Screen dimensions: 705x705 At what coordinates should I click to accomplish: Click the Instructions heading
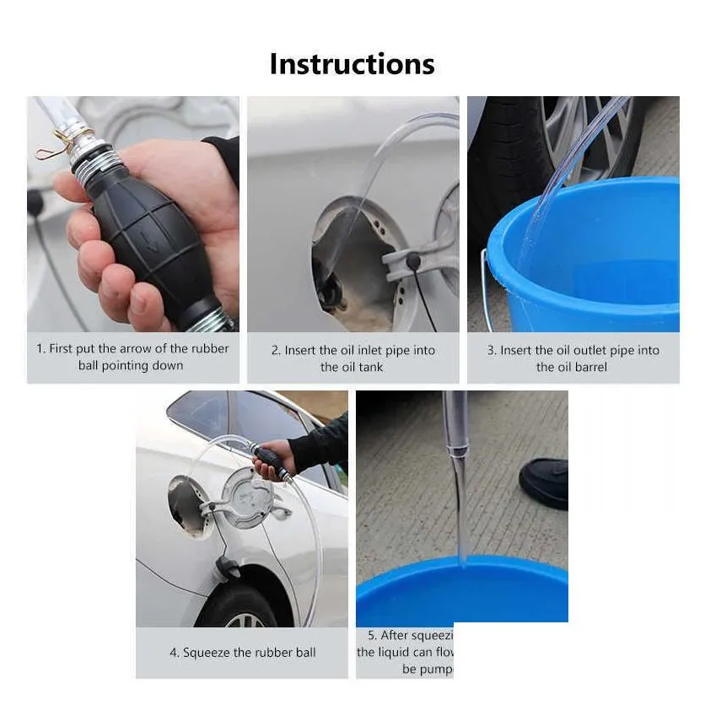tap(352, 64)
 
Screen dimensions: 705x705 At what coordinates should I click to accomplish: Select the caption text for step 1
tap(132, 357)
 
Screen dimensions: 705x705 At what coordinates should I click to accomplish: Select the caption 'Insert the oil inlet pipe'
tap(352, 358)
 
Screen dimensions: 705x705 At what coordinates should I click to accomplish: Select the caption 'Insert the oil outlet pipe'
tap(573, 358)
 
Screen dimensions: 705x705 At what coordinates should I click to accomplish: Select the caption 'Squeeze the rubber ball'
tap(242, 652)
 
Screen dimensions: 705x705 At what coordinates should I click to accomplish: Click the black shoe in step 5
tap(544, 483)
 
